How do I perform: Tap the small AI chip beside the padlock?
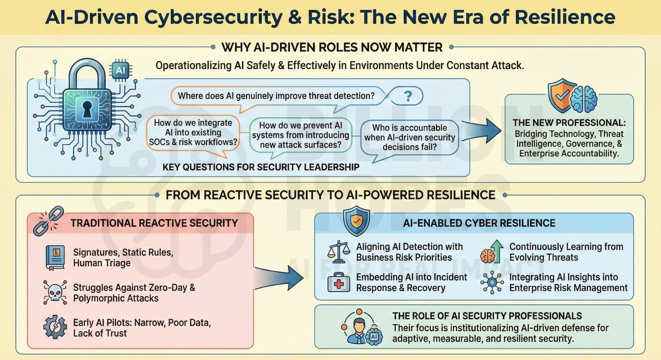[x=120, y=71]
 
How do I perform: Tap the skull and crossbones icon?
[x=55, y=292]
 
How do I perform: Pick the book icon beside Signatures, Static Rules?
[x=55, y=258]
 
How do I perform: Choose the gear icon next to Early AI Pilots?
[x=55, y=327]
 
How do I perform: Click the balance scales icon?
[x=339, y=252]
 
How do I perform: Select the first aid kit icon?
[x=339, y=282]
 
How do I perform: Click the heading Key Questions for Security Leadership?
[x=261, y=167]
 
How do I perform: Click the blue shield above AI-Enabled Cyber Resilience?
[x=356, y=221]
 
